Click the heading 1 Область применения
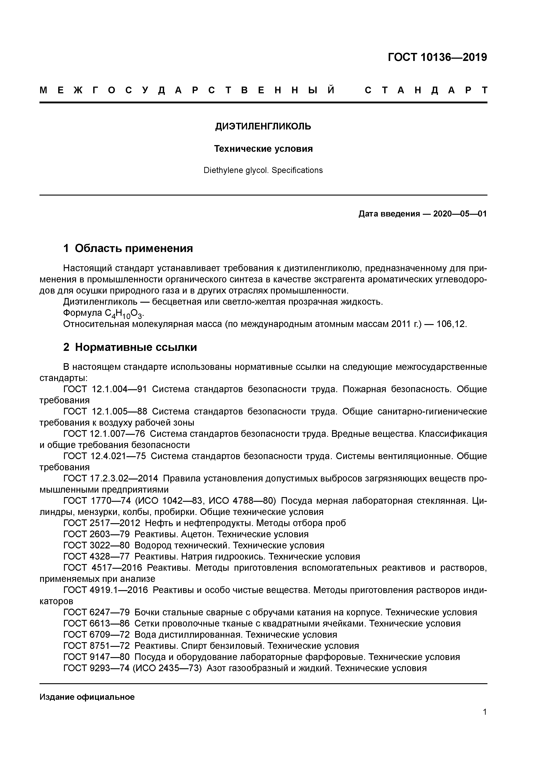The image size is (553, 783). tap(128, 248)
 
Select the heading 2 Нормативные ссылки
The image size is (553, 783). tap(130, 347)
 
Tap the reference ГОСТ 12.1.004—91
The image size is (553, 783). tap(105, 389)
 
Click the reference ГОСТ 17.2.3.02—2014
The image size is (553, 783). tap(111, 479)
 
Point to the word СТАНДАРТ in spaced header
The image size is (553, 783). tap(426, 90)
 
